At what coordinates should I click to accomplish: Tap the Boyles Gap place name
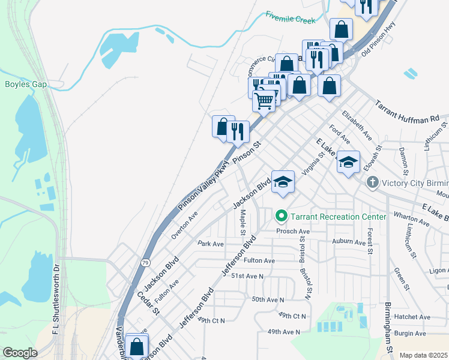point(26,84)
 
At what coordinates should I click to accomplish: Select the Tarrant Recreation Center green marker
point(280,215)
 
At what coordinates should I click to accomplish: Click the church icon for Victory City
point(372,182)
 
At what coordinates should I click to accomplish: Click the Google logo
point(20,353)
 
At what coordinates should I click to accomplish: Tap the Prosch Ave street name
point(293,231)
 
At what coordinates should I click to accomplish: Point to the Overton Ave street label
point(184,226)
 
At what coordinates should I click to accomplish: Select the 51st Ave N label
point(247,276)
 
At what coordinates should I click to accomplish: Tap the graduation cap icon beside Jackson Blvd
point(283,181)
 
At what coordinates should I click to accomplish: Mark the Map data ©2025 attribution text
point(423,355)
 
